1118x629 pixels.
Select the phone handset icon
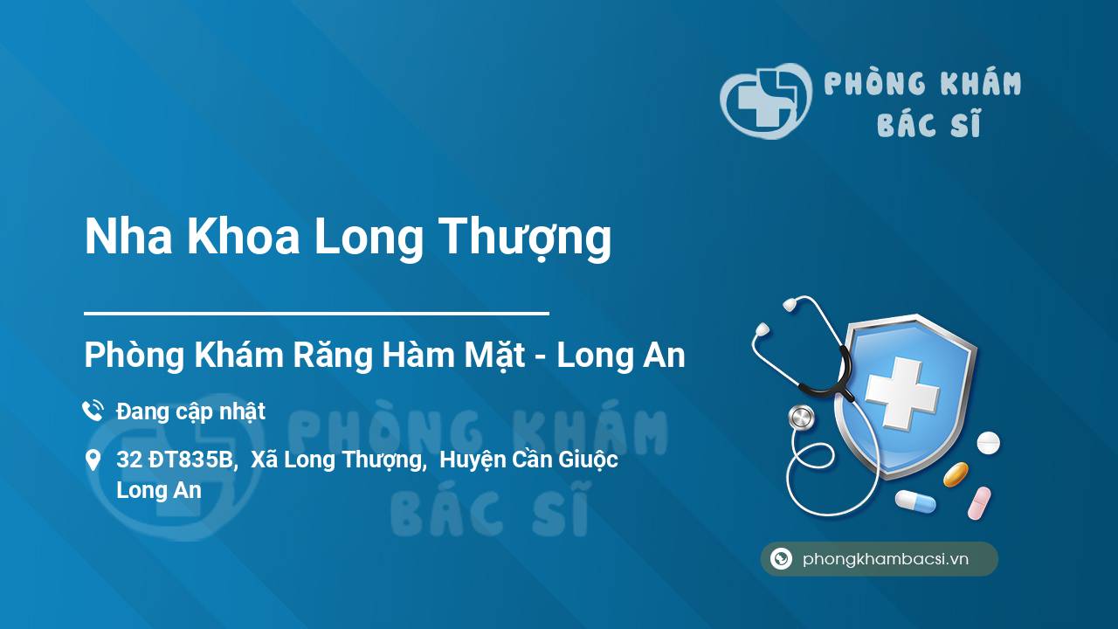pos(93,411)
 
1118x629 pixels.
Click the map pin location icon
pos(93,460)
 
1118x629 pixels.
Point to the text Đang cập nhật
pos(190,412)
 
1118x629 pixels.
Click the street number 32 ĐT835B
pos(176,460)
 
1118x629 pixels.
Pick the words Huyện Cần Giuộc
pos(528,460)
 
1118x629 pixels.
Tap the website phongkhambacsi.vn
pos(886,559)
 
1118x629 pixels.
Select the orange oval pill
pos(956,474)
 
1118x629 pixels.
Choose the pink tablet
pos(979,503)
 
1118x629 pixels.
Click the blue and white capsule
pos(915,501)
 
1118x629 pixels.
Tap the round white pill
pos(988,443)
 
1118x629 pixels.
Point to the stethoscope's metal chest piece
pos(802,418)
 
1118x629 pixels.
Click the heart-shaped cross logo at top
pos(766,100)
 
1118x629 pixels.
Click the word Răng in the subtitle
pos(333,356)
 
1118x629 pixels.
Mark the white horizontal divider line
pos(316,314)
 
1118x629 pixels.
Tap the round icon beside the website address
pos(781,558)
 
